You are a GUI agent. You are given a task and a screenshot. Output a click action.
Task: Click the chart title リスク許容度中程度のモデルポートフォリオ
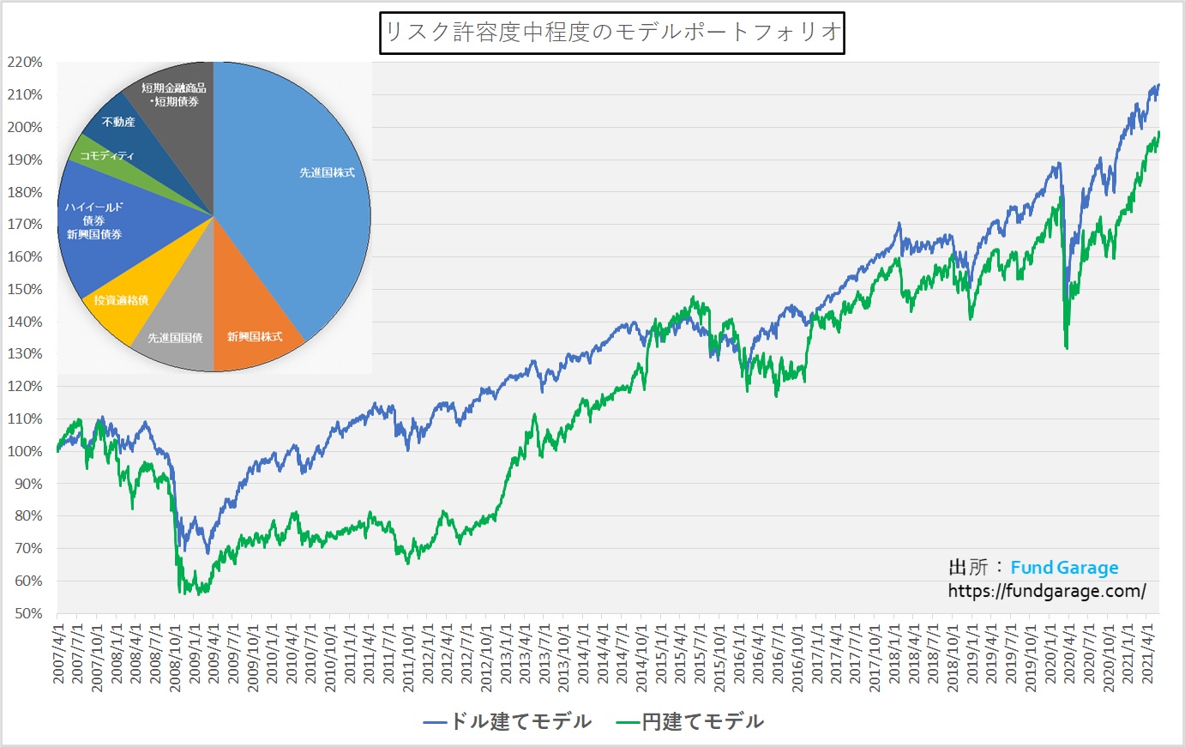tap(611, 33)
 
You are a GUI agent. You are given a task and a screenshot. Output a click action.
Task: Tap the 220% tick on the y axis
tap(25, 63)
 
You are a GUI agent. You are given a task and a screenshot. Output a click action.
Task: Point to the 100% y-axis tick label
tap(25, 451)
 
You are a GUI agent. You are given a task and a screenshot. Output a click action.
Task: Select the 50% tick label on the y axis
tap(27, 613)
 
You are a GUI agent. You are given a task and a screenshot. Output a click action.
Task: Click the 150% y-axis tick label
tap(25, 289)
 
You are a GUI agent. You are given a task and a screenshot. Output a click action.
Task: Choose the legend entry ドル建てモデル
tap(508, 721)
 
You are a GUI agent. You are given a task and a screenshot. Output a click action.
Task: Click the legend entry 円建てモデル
tap(690, 721)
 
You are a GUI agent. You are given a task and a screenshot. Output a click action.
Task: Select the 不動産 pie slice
tap(120, 124)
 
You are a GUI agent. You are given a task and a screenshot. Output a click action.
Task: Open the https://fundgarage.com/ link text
tap(1046, 591)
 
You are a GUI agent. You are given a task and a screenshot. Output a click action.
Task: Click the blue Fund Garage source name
tap(1064, 568)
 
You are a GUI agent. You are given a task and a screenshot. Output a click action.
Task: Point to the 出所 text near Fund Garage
tap(967, 568)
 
